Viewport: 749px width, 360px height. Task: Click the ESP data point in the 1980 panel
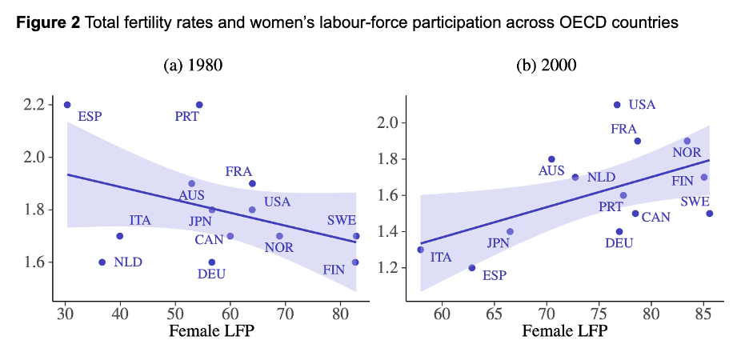[67, 105]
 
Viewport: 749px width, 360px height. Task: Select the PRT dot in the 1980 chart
[199, 105]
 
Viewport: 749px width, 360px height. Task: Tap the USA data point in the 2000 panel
[617, 105]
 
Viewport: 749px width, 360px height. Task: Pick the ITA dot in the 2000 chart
[421, 250]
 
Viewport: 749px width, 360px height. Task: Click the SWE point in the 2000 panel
[709, 214]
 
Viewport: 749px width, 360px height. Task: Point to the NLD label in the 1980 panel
[128, 262]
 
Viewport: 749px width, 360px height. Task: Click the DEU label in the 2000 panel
[619, 243]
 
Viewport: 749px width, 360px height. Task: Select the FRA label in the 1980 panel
[238, 171]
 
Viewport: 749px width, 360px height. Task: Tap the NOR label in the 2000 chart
[687, 153]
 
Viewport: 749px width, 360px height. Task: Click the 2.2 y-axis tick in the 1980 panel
[38, 105]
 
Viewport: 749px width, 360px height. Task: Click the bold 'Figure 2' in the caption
[48, 23]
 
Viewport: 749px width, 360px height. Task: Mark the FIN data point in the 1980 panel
[355, 262]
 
